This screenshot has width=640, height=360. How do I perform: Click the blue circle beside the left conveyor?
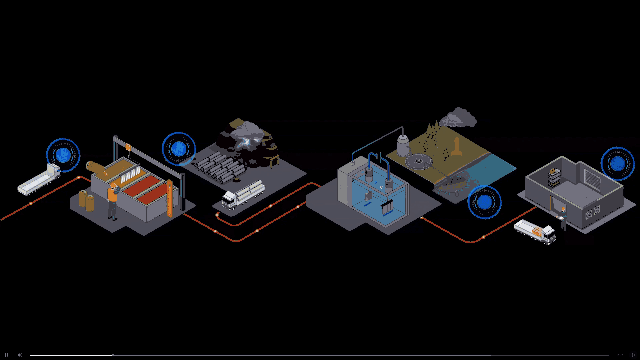coord(64,155)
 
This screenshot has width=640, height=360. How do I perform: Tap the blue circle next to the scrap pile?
coord(179,149)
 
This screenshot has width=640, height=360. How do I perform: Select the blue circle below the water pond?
coord(485,203)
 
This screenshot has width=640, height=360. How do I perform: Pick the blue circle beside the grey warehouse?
coord(618,162)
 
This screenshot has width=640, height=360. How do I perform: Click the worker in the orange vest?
coord(113,203)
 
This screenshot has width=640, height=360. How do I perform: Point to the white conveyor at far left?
coord(40,181)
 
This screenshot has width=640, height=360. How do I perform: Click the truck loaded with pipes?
coord(242,193)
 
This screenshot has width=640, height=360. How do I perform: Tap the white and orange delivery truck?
coord(534,233)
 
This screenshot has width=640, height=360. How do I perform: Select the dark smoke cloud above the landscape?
coord(461,118)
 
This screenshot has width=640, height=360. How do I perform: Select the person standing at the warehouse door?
coord(563,221)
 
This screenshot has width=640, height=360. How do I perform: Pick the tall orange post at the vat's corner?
coord(171,205)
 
